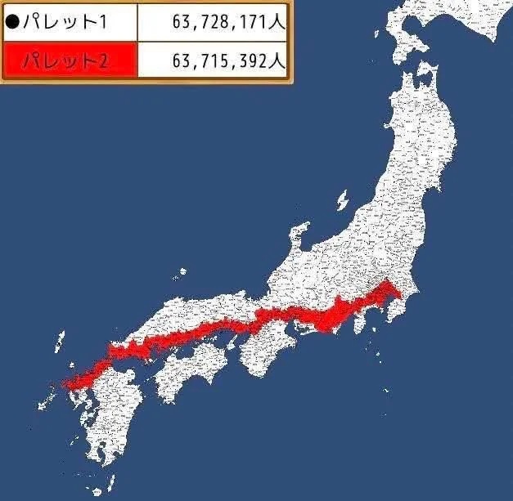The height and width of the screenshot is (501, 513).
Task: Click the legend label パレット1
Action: pos(65,21)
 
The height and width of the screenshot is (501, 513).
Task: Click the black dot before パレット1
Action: pos(11,21)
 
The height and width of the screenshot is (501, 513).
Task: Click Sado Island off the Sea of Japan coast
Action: pos(342,199)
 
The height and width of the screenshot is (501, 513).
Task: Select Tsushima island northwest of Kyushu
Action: pos(60,341)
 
